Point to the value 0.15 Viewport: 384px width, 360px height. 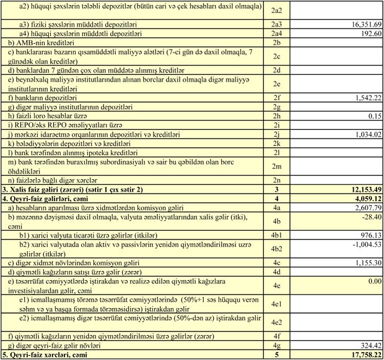coord(373,115)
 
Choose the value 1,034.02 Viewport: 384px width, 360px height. coord(361,134)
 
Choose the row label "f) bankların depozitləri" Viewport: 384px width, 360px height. coord(43,97)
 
